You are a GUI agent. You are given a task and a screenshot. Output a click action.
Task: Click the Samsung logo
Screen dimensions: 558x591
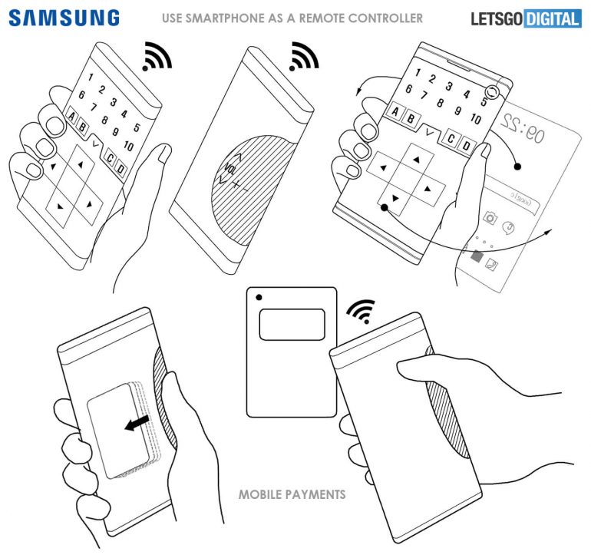click(64, 17)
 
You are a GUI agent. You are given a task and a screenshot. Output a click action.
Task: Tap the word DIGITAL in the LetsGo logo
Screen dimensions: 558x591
click(553, 18)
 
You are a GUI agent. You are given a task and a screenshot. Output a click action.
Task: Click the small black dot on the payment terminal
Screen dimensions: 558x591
click(259, 296)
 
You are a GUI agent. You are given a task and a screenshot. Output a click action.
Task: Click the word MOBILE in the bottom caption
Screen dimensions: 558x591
click(262, 494)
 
